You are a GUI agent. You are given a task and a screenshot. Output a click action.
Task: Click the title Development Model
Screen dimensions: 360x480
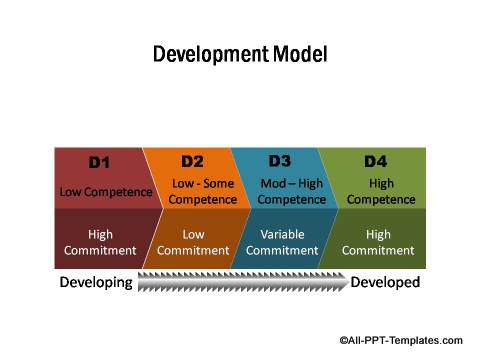tap(239, 54)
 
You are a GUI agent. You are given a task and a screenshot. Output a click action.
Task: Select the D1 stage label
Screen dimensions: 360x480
tap(99, 162)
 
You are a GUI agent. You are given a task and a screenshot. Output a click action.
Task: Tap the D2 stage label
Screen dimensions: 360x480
tap(192, 161)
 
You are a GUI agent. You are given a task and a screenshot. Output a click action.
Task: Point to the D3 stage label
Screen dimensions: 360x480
tap(280, 161)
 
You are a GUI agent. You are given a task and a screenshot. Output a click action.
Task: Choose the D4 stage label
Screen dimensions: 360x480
tap(375, 161)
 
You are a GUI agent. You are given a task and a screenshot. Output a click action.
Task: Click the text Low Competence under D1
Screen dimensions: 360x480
tap(106, 192)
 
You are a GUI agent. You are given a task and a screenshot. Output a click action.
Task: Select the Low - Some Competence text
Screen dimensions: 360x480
tap(203, 191)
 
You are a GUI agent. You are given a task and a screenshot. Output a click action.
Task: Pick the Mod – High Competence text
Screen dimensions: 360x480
tap(291, 191)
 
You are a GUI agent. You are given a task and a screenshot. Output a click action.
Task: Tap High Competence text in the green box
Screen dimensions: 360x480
tap(381, 191)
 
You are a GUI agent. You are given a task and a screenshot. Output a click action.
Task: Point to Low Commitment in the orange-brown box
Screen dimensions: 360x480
tap(193, 242)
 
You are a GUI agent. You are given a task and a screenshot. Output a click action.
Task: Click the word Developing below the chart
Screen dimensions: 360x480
tap(96, 283)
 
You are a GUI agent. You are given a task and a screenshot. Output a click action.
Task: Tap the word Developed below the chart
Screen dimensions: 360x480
tap(385, 283)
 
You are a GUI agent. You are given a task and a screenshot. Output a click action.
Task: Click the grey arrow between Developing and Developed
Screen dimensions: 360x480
tap(241, 284)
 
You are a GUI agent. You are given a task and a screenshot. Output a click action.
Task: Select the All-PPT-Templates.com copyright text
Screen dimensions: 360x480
tap(400, 340)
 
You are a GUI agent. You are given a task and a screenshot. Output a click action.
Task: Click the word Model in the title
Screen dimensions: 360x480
tap(301, 54)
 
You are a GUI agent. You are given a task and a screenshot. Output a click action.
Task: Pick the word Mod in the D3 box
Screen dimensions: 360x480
tap(272, 184)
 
